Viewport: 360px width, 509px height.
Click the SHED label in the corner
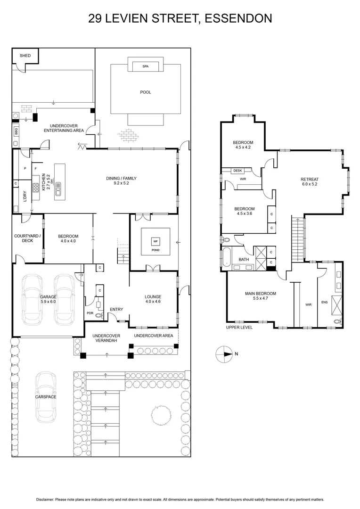(x=25, y=56)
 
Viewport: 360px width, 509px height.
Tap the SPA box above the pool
(x=145, y=67)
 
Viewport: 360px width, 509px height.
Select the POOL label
(x=146, y=92)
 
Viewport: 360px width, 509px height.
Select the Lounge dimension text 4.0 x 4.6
(x=153, y=302)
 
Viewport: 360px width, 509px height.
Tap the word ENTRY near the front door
(x=116, y=310)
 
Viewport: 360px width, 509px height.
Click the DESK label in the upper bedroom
(x=237, y=171)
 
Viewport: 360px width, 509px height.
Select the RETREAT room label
(x=310, y=179)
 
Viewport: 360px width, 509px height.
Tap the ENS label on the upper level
(x=324, y=303)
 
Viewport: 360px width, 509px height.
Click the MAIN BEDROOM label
(x=260, y=294)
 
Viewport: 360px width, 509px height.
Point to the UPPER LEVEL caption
(x=239, y=327)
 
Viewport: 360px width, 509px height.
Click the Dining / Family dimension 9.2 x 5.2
(x=122, y=184)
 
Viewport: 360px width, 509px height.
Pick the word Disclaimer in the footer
(x=45, y=500)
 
